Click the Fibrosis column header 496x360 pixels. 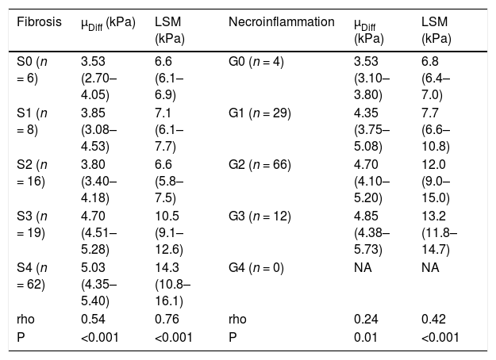[39, 22]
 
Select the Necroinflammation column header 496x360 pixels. [282, 22]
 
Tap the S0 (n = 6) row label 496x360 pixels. [32, 70]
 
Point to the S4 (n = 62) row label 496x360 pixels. [32, 276]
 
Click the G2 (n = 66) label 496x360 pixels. [260, 165]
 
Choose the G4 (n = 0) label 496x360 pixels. [256, 268]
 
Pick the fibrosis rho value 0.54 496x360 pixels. [93, 319]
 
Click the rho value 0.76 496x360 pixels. [167, 319]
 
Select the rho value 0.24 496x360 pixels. [366, 319]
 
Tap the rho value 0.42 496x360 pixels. [433, 319]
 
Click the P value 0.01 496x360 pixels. [366, 337]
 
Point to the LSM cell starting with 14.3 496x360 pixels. [173, 284]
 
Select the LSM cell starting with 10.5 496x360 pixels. [169, 232]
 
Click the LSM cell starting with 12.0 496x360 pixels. [436, 181]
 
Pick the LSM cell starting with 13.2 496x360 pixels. [440, 232]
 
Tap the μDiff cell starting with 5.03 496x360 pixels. [99, 284]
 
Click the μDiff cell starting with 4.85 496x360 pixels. [372, 232]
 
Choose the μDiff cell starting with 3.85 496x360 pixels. [99, 129]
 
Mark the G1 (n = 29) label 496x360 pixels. [260, 113]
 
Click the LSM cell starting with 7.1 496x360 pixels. [169, 129]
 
